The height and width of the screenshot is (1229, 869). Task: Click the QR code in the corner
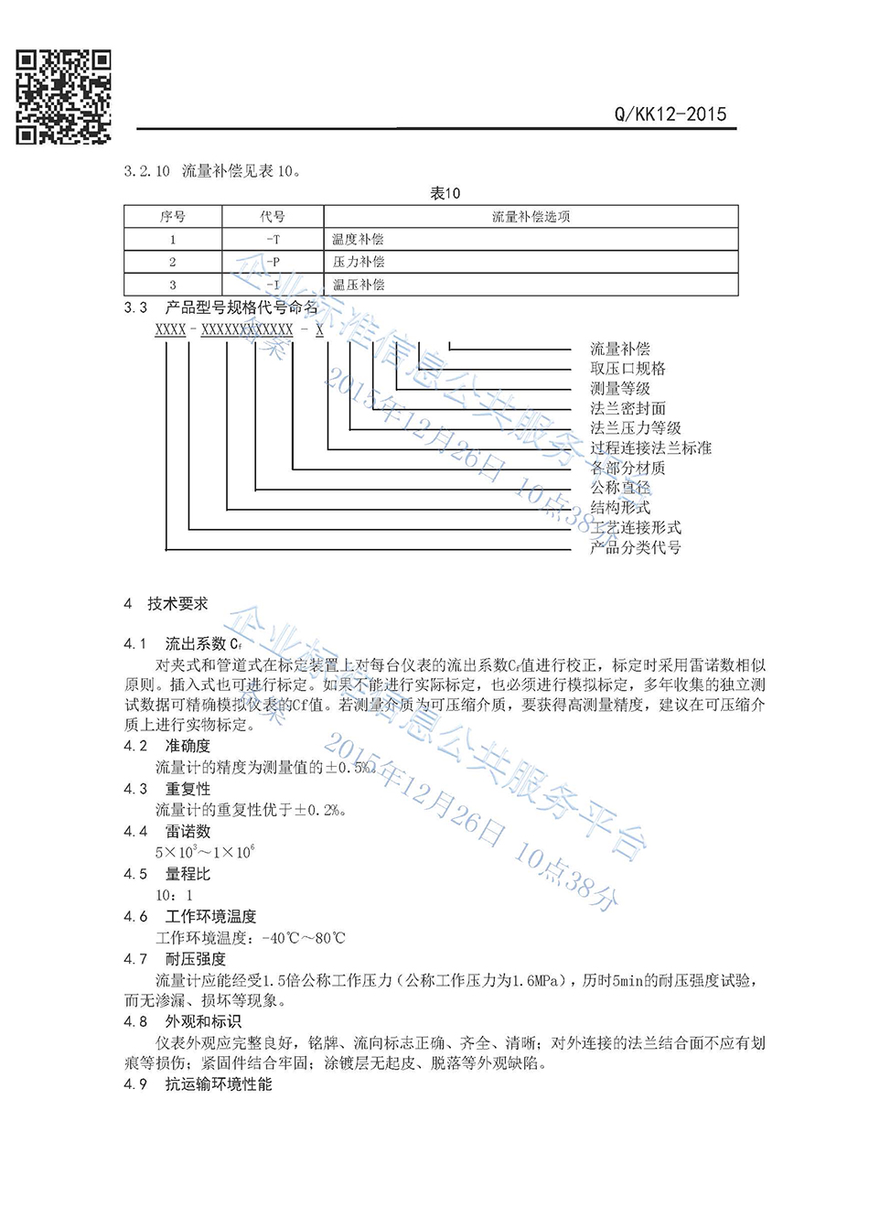pyautogui.click(x=63, y=97)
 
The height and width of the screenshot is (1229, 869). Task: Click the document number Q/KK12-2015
pyautogui.click(x=671, y=114)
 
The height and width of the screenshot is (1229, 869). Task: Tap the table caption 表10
pyautogui.click(x=445, y=193)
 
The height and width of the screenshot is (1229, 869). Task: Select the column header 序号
pyautogui.click(x=173, y=217)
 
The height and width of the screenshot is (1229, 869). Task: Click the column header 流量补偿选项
pyautogui.click(x=531, y=217)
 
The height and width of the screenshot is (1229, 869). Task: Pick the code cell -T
pyautogui.click(x=273, y=240)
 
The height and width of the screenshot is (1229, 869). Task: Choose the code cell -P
pyautogui.click(x=273, y=262)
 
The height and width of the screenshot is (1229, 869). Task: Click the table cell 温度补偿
pyautogui.click(x=359, y=240)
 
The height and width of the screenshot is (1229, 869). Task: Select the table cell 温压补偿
pyautogui.click(x=359, y=285)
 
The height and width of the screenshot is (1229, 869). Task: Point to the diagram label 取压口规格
pyautogui.click(x=628, y=369)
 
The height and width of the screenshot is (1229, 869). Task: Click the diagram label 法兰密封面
pyautogui.click(x=628, y=408)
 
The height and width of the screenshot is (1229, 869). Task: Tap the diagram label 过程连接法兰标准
pyautogui.click(x=650, y=448)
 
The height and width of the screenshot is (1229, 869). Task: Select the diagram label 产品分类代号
pyautogui.click(x=635, y=548)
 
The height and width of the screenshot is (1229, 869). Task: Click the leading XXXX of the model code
pyautogui.click(x=170, y=329)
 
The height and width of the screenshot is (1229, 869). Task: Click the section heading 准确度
pyautogui.click(x=188, y=746)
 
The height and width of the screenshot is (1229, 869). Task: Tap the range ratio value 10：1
pyautogui.click(x=174, y=895)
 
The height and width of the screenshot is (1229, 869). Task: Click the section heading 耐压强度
pyautogui.click(x=195, y=959)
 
